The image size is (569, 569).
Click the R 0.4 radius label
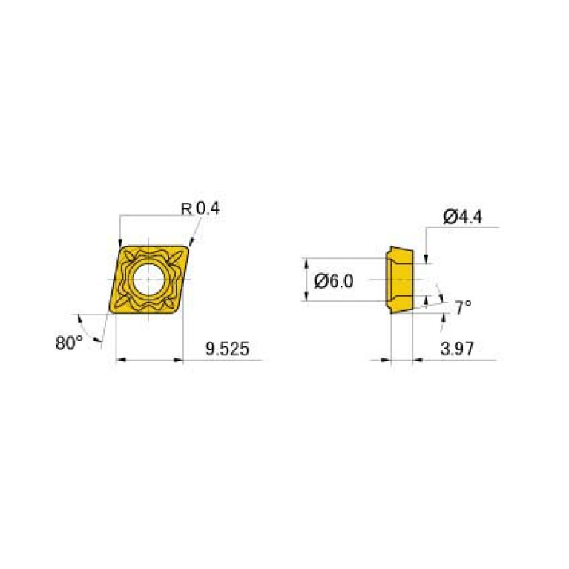200,209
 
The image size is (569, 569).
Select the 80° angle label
70,343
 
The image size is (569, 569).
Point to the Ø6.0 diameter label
335,280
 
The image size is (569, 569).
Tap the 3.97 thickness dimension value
457,348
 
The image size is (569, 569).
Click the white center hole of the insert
148,280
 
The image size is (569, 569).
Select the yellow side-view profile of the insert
398,280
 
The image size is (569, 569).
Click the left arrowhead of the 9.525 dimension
121,361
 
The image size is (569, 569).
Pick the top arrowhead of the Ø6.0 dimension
306,263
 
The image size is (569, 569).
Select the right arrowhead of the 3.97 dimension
416,361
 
